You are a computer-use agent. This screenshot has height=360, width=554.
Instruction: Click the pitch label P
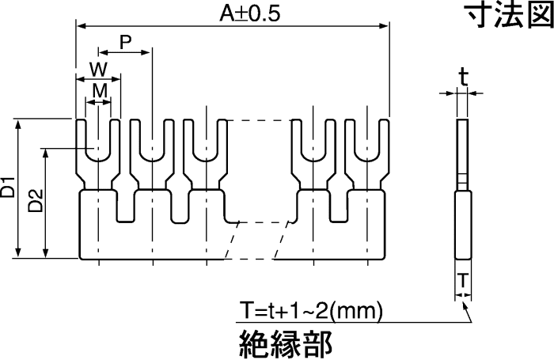(x=125, y=41)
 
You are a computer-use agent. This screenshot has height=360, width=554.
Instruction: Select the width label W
(x=97, y=68)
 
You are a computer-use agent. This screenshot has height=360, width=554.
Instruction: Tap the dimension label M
(x=99, y=91)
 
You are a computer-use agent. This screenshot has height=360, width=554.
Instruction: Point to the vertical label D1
(x=8, y=190)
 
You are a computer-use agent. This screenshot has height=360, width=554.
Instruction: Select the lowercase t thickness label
(x=463, y=77)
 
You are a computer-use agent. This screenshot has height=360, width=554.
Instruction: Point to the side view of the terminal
(x=462, y=190)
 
